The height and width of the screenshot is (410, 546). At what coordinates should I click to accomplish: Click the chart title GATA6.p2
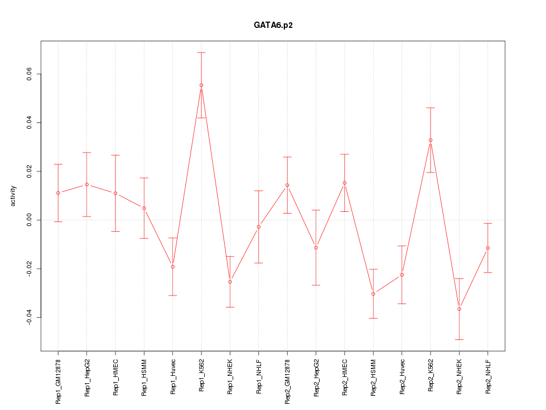273,26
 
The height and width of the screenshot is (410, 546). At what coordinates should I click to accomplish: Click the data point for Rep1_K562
201,85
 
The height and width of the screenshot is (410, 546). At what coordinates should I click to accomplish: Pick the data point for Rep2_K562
431,140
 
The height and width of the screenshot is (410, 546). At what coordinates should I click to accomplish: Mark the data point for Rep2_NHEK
459,309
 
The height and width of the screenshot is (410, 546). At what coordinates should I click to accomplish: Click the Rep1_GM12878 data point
58,193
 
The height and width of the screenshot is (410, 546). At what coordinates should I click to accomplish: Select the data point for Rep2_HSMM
373,294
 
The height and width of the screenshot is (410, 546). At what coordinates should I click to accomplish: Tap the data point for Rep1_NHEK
230,282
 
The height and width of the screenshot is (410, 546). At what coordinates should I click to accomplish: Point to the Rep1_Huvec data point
173,266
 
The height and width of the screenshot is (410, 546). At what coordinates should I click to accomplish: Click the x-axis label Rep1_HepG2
87,378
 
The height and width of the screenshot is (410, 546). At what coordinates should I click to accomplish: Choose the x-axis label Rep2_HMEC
345,378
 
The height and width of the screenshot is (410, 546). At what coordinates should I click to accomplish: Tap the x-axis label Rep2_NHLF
488,378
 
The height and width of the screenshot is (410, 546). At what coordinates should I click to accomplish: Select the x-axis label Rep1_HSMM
144,378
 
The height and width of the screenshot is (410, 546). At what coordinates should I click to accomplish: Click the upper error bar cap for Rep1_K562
201,52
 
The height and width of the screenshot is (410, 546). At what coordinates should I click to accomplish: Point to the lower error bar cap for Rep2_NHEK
459,339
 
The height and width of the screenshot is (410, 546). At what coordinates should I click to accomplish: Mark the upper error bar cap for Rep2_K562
431,108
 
